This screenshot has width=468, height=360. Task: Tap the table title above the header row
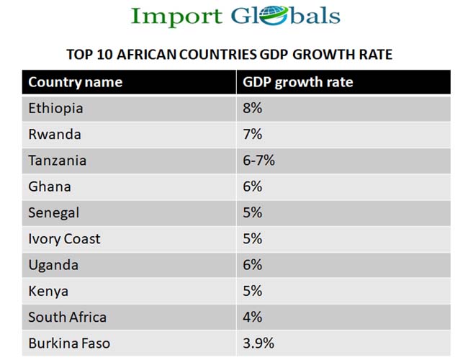click(229, 55)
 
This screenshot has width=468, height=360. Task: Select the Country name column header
click(75, 82)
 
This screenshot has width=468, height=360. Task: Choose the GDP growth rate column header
click(297, 82)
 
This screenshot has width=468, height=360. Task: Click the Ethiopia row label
click(55, 109)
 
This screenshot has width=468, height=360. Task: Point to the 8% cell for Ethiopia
click(253, 109)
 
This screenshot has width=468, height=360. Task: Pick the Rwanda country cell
click(55, 135)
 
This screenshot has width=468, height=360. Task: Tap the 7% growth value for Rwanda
click(253, 135)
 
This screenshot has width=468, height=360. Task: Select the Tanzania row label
click(58, 161)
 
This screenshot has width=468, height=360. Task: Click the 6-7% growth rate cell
click(259, 161)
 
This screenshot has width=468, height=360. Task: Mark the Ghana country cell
click(50, 186)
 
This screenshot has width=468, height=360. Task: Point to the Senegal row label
click(54, 213)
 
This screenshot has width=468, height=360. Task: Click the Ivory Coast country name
click(64, 239)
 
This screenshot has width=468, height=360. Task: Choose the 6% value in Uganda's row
click(253, 265)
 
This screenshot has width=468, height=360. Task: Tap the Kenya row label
click(48, 291)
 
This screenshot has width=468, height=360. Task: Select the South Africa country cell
click(67, 317)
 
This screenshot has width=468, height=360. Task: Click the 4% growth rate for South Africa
click(253, 317)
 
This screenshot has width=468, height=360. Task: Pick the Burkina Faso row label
click(69, 343)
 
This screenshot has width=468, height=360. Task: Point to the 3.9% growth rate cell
click(258, 343)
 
